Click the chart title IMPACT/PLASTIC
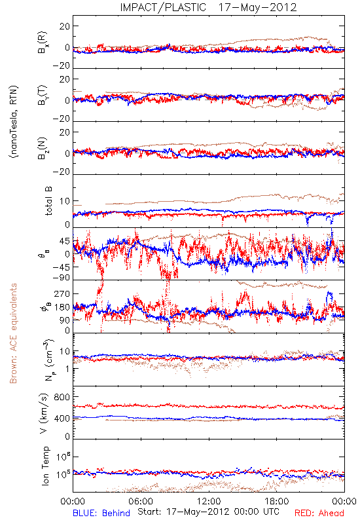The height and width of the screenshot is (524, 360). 163,7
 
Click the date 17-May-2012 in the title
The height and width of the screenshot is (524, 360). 257,7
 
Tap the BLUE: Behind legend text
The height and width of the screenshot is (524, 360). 101,514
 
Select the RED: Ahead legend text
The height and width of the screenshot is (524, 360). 319,514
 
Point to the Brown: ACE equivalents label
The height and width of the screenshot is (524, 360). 13,333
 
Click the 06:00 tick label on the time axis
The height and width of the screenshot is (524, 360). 141,501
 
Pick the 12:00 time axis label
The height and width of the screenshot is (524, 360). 209,501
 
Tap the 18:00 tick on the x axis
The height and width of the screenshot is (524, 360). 277,501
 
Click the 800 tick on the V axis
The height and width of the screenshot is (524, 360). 62,397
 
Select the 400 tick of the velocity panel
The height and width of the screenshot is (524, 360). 62,419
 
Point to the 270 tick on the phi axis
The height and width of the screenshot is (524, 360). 62,293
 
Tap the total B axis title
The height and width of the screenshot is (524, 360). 48,201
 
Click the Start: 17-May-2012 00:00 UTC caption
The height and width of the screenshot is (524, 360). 208,512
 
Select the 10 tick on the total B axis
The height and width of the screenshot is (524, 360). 65,201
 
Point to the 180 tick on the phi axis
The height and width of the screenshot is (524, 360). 62,307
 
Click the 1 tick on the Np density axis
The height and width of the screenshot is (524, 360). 67,369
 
